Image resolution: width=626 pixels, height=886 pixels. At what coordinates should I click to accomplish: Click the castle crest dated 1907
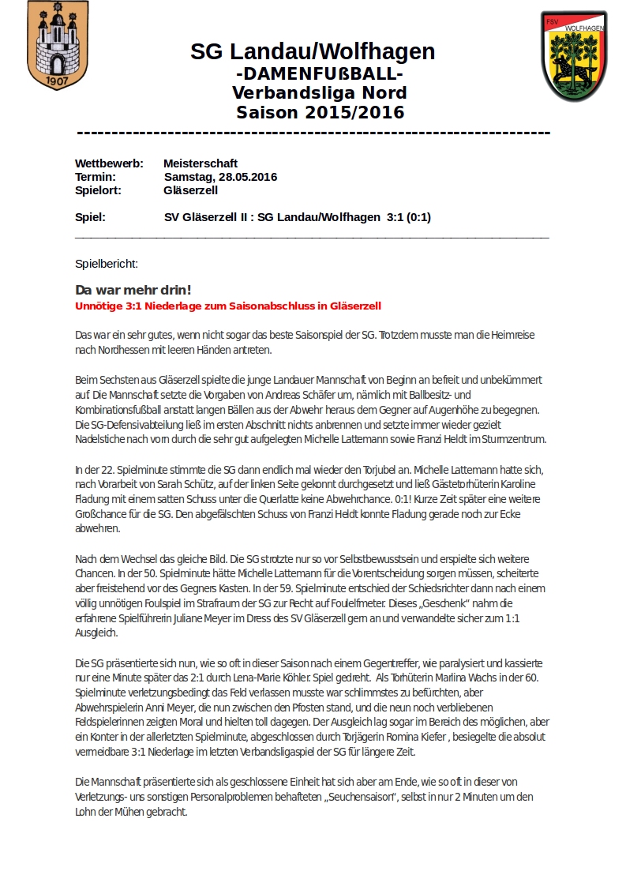point(57,47)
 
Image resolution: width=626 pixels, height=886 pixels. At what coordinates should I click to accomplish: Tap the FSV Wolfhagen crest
point(574,56)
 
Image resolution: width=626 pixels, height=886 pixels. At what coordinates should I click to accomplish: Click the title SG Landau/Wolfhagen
point(313,52)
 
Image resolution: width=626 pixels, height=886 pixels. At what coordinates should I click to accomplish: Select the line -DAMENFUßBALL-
point(320,73)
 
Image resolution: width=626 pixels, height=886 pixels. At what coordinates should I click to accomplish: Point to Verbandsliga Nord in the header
point(320,93)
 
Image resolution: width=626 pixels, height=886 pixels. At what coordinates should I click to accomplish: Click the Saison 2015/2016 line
point(320,112)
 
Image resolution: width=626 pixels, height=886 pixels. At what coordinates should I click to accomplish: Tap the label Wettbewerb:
point(109,163)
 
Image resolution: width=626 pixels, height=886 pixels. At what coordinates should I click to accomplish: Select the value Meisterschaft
point(201,163)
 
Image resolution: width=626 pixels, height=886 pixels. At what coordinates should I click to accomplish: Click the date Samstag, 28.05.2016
point(221,177)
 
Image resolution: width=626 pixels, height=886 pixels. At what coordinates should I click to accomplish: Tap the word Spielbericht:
point(107,263)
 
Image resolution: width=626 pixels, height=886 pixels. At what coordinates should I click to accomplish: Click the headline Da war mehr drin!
point(133,290)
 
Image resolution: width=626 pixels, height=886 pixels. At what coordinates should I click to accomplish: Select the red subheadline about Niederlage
point(228,306)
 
